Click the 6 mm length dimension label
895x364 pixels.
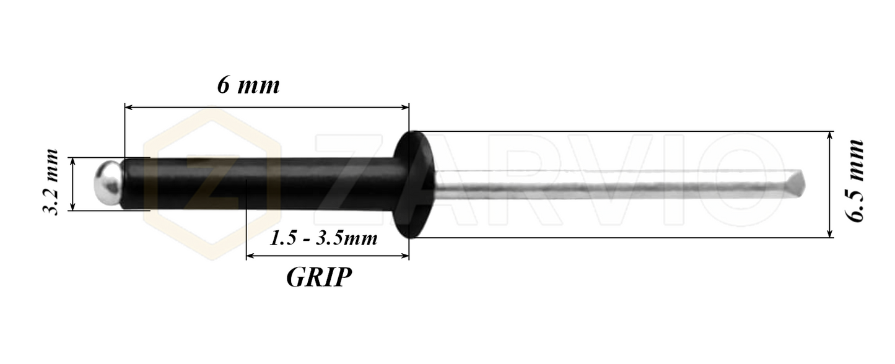click(x=248, y=85)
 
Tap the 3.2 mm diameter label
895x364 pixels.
click(x=50, y=183)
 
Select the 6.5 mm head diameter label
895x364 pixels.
click(x=856, y=181)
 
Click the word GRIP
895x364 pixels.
click(x=319, y=277)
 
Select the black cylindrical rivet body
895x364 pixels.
click(x=260, y=183)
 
